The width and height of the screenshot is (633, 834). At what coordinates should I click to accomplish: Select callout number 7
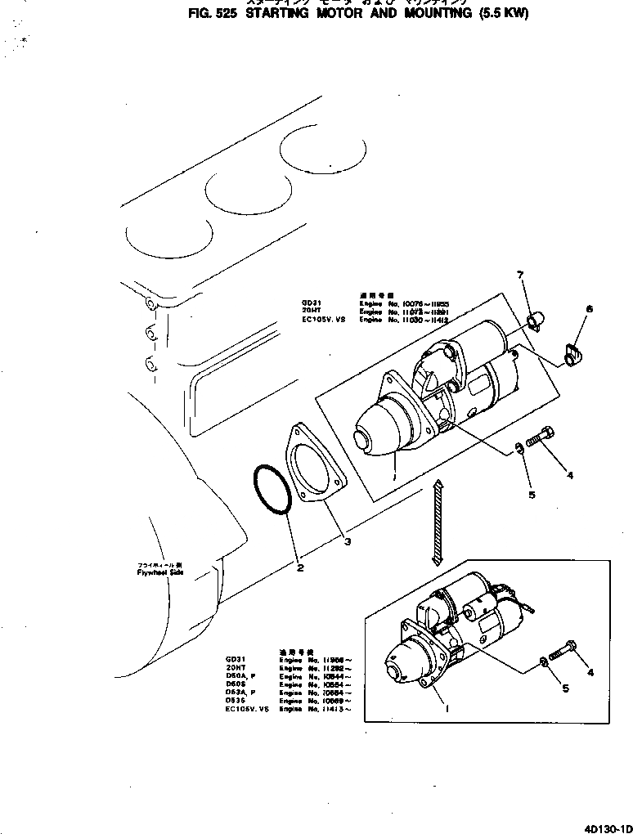520,275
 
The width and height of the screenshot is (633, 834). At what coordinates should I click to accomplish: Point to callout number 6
588,309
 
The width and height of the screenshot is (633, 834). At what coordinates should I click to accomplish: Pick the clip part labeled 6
572,353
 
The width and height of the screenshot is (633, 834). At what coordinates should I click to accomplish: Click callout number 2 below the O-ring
300,567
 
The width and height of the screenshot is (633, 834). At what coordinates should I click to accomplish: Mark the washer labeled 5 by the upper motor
519,447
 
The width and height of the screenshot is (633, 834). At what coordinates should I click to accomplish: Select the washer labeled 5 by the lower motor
544,661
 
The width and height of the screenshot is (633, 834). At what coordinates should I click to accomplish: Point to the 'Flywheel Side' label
161,572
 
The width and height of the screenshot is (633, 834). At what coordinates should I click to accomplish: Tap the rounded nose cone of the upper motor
375,429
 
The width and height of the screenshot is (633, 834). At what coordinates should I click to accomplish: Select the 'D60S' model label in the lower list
234,684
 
